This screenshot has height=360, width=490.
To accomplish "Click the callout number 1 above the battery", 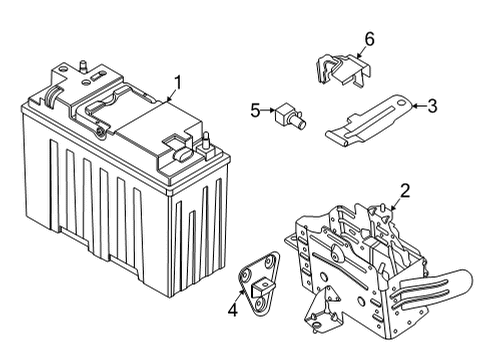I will click(177, 82).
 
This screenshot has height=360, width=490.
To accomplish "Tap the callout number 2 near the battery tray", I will click(405, 190).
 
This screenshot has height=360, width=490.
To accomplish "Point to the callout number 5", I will click(255, 109).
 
